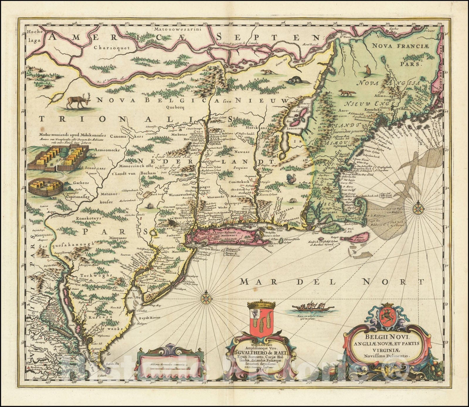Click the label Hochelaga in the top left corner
32,35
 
